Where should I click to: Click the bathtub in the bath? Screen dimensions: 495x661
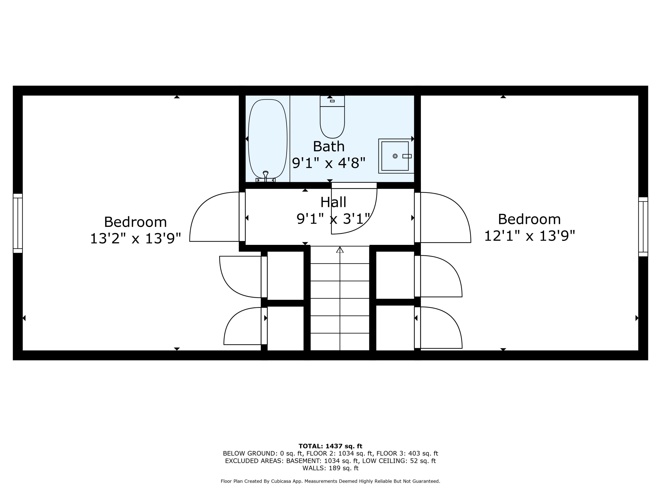tap(267, 139)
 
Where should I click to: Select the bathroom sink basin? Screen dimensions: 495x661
tap(395, 156)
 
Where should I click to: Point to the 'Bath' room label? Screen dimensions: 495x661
tap(329, 147)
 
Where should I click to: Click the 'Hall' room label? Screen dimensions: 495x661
tap(333, 202)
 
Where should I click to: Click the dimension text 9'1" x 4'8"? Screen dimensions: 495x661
tap(329, 163)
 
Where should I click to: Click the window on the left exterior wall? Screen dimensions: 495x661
tap(18, 223)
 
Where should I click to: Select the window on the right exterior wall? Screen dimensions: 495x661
tap(643, 227)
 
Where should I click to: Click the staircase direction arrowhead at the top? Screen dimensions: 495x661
tap(340, 250)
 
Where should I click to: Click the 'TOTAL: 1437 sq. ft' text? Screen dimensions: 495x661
tap(330, 446)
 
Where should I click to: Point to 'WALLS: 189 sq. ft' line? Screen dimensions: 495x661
tap(330, 468)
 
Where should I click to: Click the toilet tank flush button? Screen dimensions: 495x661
tap(332, 101)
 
